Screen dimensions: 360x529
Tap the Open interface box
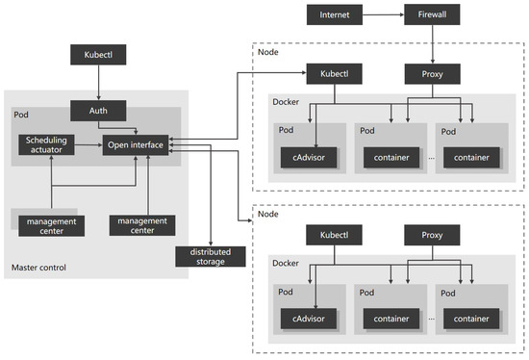[x=134, y=145]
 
